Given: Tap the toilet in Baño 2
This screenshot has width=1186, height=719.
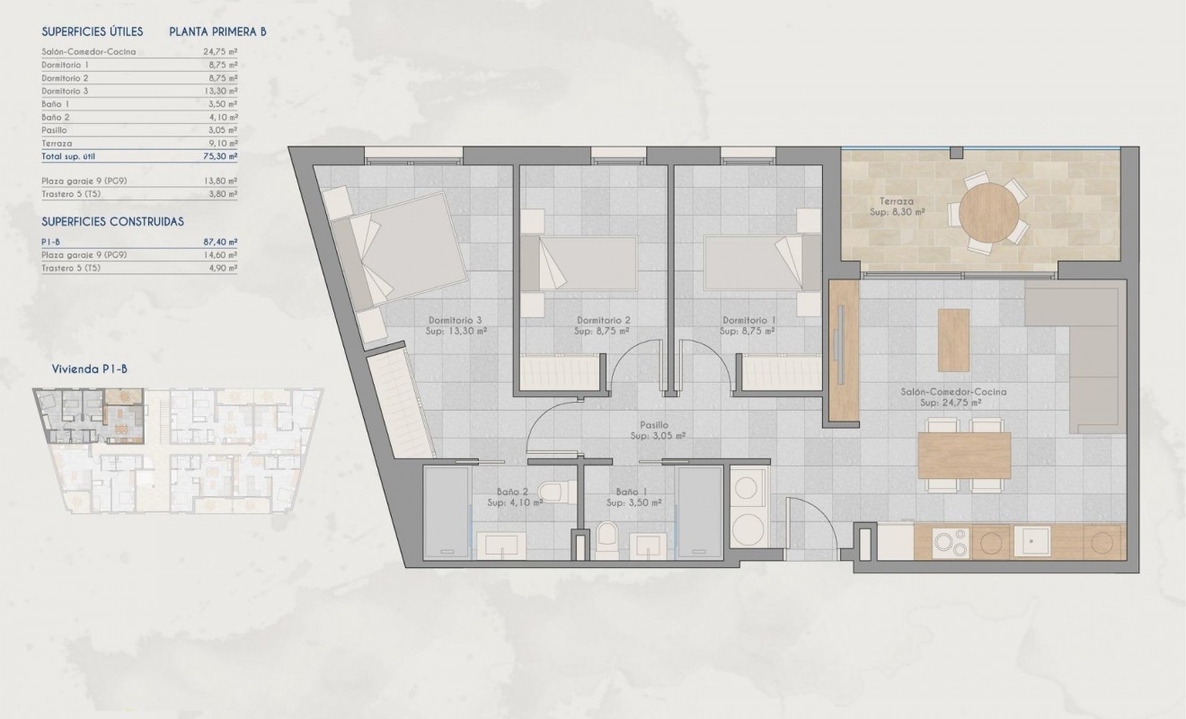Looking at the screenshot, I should pos(552,492).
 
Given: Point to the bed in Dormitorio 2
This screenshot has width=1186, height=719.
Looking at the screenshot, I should pos(580,263).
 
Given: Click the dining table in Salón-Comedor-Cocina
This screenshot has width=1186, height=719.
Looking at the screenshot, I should pos(964,456).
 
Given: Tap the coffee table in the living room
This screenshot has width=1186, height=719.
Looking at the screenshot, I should pos(953,340).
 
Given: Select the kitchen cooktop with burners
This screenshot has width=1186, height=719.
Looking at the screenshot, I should pos(950,542).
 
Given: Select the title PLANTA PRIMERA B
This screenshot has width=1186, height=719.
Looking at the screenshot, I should pos(217,31).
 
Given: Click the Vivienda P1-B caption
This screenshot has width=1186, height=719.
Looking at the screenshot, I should pos(88,368).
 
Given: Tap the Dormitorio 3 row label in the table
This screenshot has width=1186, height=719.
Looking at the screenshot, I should pos(66,91).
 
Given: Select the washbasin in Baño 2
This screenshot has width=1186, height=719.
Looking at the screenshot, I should pos(501,545).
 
